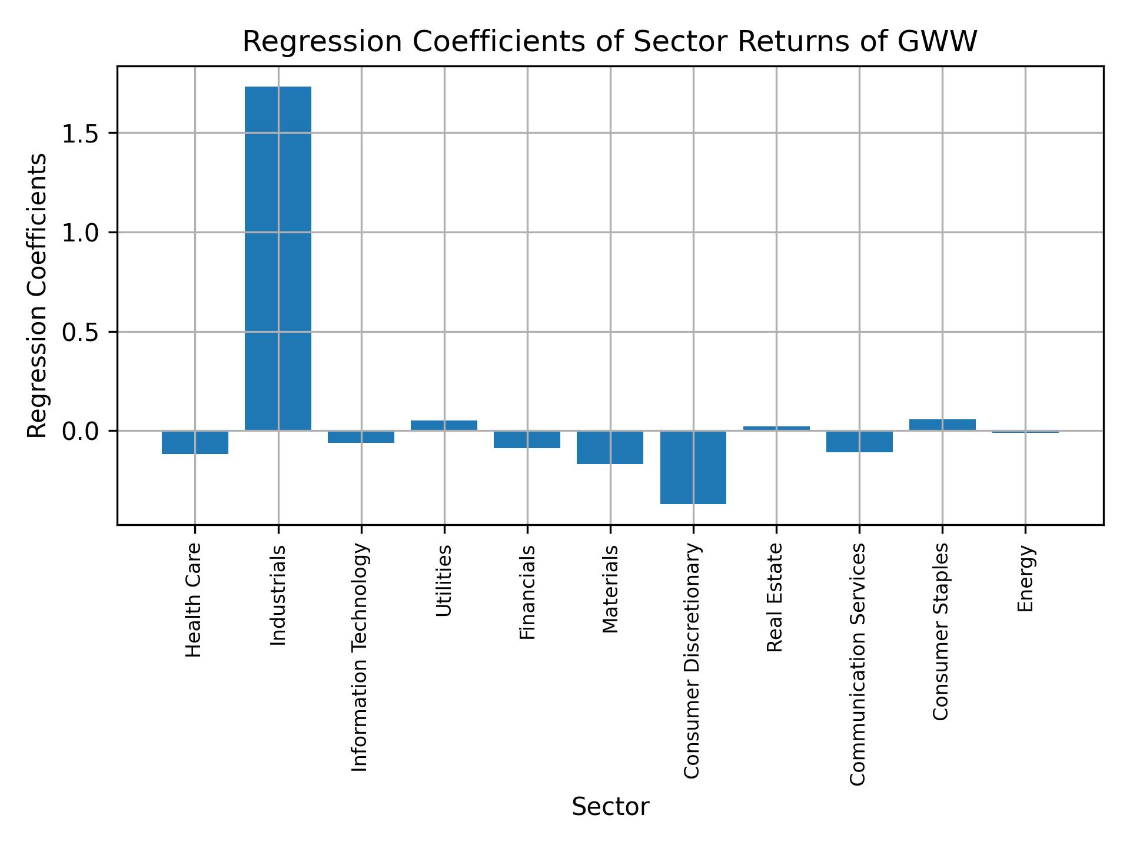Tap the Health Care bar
[195, 442]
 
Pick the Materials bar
[610, 448]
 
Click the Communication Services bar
[859, 442]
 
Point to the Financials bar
[527, 439]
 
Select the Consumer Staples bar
[942, 425]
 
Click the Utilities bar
[444, 425]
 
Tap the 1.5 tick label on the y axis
[79, 134]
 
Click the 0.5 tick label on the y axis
[79, 332]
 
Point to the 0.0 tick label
[79, 432]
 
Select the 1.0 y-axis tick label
[79, 233]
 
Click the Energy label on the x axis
[1025, 578]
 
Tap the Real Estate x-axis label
[775, 597]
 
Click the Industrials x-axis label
[278, 595]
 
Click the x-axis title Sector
[610, 807]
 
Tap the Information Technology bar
[361, 437]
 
